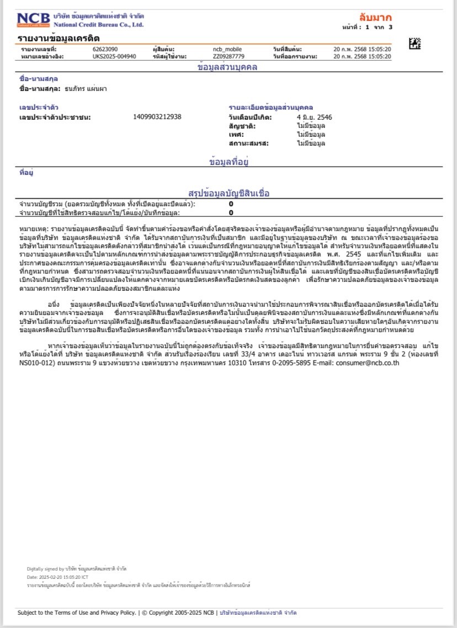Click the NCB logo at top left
(34, 20)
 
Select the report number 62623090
(105, 50)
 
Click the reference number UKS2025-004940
(114, 56)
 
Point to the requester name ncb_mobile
(227, 50)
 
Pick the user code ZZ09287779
(228, 56)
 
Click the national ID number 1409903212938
(157, 117)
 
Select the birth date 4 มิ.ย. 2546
(315, 117)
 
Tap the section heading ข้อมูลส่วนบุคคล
(227, 67)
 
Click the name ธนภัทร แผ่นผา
(86, 89)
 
